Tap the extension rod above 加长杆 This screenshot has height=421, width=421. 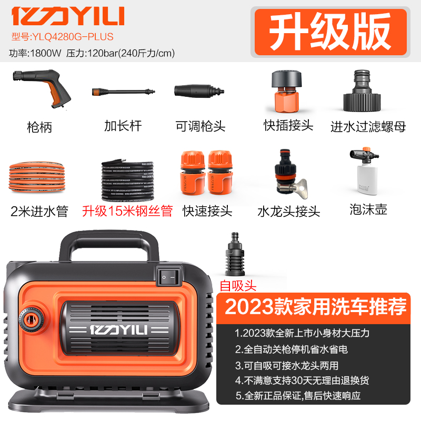point(123,92)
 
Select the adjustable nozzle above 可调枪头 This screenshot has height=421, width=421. point(199,91)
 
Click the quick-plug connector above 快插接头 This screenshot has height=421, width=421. point(286,91)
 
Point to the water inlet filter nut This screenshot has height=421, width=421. point(362,91)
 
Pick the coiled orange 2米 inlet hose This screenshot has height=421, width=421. point(37,176)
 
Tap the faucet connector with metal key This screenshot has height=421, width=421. point(290,174)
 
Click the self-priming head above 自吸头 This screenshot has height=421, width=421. point(235,254)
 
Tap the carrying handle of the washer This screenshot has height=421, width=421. point(109,244)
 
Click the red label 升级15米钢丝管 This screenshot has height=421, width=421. point(127,211)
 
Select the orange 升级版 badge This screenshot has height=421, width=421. point(330,32)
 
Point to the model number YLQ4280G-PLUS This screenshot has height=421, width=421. point(62,37)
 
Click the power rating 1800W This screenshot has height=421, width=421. point(46,53)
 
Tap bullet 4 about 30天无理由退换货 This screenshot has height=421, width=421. point(302,380)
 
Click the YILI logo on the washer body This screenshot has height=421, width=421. point(119,330)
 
